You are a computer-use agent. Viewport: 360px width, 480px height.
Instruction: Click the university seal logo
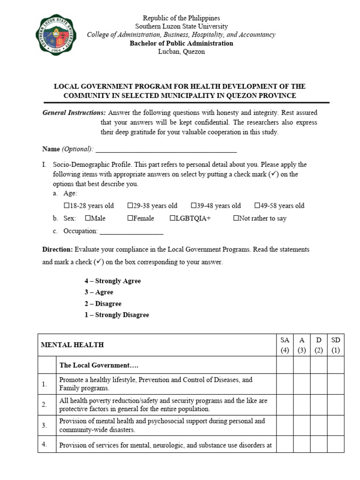[x=55, y=34]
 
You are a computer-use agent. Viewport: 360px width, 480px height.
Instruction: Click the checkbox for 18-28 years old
[x=66, y=205]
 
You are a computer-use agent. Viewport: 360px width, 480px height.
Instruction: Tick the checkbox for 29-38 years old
[x=130, y=205]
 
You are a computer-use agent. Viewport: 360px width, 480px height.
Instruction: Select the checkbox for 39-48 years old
[x=194, y=205]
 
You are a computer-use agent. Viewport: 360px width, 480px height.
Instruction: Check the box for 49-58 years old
[x=257, y=205]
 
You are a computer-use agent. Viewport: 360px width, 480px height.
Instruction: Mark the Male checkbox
[x=88, y=218]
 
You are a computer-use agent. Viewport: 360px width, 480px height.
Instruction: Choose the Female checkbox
[x=130, y=218]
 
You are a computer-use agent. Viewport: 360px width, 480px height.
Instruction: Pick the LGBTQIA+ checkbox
[x=172, y=218]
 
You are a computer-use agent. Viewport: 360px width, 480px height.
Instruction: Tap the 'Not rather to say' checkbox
[x=236, y=218]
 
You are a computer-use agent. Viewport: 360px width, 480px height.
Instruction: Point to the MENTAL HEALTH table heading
[x=73, y=345]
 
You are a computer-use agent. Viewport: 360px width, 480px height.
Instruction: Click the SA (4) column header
[x=285, y=345]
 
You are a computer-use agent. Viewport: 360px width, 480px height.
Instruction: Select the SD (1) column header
[x=336, y=345]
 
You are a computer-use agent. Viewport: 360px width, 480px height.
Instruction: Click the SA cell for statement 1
[x=285, y=384]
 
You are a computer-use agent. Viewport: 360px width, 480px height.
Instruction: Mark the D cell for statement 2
[x=319, y=405]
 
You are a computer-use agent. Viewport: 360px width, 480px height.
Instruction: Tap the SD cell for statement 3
[x=336, y=425]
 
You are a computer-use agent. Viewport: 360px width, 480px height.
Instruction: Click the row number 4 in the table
[x=44, y=445]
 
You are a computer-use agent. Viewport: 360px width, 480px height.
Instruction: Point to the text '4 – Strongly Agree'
[x=112, y=281]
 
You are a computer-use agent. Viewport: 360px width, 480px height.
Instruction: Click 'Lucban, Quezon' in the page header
[x=181, y=52]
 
